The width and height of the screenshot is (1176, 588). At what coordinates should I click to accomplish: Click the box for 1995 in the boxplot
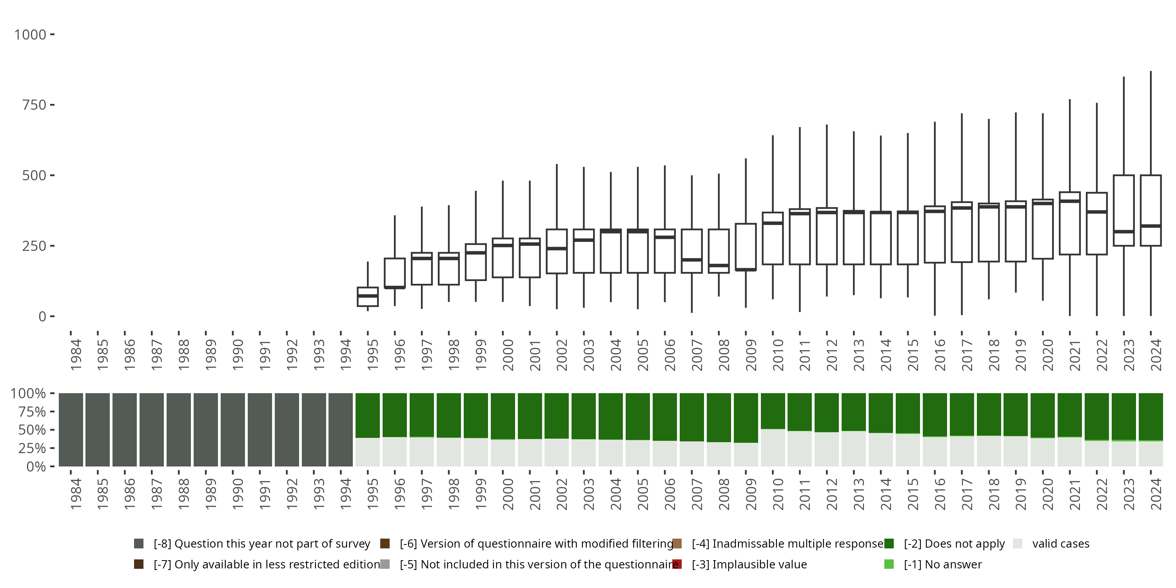[368, 297]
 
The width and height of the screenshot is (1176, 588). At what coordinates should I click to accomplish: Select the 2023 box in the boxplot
[1123, 203]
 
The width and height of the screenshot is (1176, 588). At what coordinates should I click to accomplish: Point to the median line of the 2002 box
[557, 249]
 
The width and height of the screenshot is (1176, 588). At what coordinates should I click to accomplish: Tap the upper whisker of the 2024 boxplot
[1151, 123]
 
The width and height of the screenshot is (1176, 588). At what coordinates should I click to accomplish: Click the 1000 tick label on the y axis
[30, 35]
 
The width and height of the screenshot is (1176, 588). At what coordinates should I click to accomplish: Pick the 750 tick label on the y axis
[34, 105]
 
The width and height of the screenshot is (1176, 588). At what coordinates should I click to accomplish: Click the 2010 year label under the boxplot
[777, 355]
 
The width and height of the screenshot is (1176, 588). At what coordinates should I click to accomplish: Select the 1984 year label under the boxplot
[76, 355]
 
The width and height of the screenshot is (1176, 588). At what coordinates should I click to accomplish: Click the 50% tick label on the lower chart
[32, 430]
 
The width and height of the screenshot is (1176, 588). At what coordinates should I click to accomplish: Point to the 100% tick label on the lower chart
[28, 394]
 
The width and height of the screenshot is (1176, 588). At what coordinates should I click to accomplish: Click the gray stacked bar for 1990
[233, 430]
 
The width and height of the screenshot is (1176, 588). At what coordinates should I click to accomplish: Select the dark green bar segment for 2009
[746, 418]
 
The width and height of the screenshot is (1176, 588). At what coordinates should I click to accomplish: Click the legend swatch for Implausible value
[677, 564]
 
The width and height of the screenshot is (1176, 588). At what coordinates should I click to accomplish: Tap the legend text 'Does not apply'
[954, 544]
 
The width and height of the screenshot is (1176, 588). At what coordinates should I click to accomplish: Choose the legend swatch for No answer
[889, 564]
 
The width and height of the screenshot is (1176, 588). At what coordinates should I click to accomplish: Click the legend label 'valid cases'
[1060, 544]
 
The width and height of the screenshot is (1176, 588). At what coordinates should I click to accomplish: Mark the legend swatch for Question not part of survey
[139, 544]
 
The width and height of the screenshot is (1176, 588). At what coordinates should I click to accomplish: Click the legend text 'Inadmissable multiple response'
[788, 544]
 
